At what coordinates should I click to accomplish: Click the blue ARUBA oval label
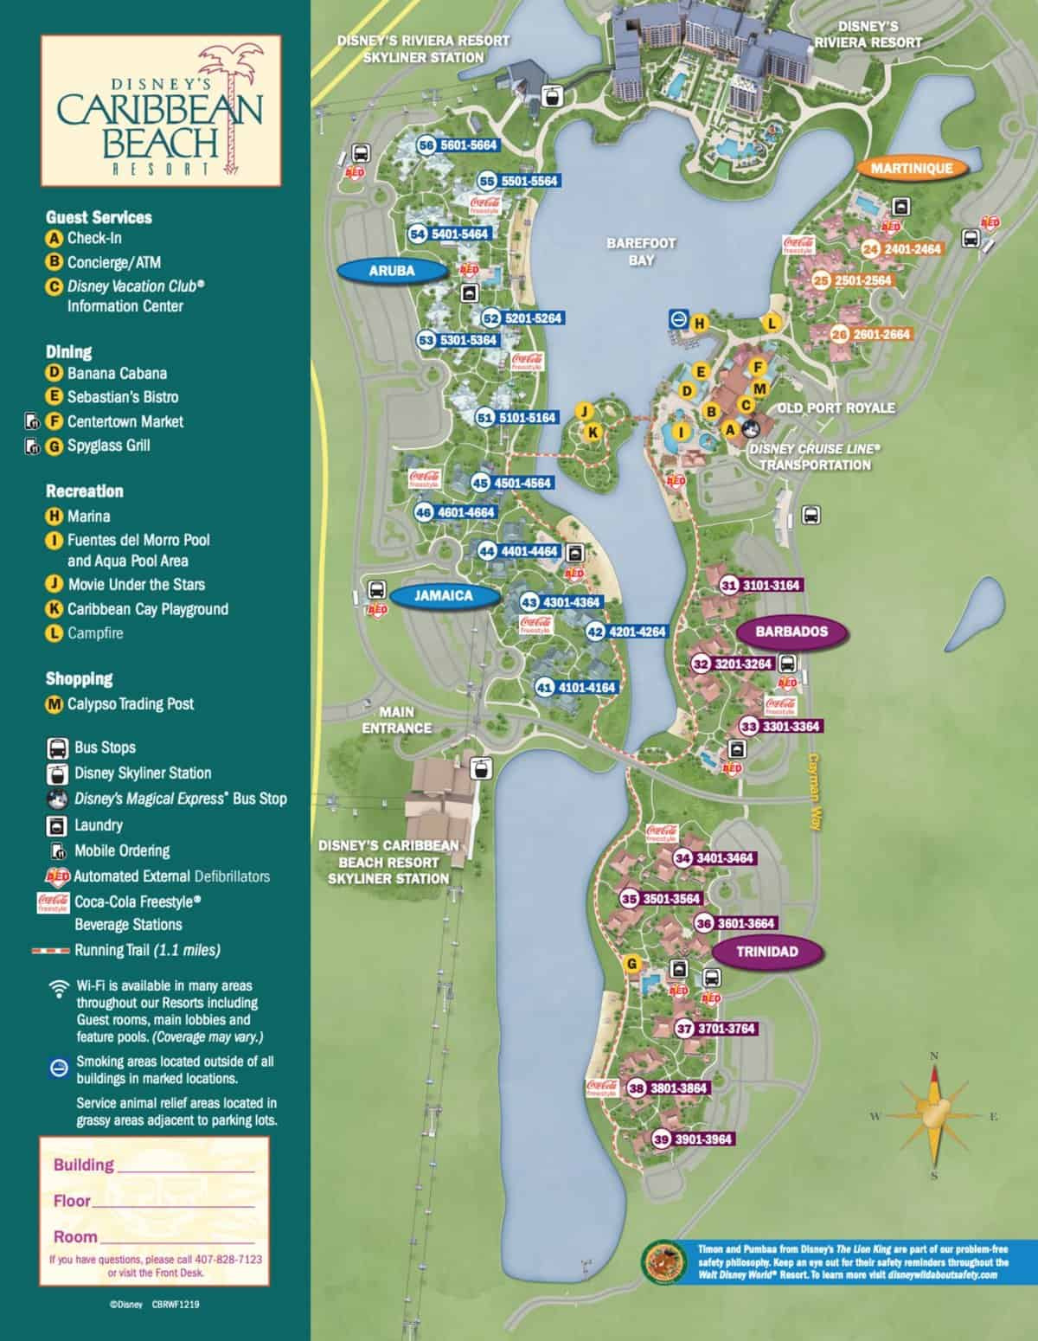[x=392, y=271]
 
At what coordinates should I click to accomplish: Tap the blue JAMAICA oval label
[x=444, y=596]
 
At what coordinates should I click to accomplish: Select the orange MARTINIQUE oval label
[x=911, y=168]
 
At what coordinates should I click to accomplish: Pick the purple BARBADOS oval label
[x=791, y=632]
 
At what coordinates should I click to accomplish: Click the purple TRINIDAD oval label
[x=766, y=952]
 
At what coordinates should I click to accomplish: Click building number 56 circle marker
[x=426, y=145]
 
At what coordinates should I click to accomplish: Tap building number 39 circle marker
[x=662, y=1139]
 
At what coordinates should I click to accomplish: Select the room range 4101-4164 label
[x=586, y=688]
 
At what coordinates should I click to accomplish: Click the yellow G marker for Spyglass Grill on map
[x=632, y=964]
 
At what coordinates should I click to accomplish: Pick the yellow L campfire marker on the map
[x=772, y=324]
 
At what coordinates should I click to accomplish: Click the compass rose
[x=933, y=1116]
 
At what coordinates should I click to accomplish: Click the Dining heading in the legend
[x=69, y=351]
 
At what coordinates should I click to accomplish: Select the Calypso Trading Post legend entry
[x=130, y=704]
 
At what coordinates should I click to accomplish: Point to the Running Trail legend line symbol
[x=51, y=950]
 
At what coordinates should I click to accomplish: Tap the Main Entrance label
[x=397, y=721]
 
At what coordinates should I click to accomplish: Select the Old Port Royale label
[x=836, y=407]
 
